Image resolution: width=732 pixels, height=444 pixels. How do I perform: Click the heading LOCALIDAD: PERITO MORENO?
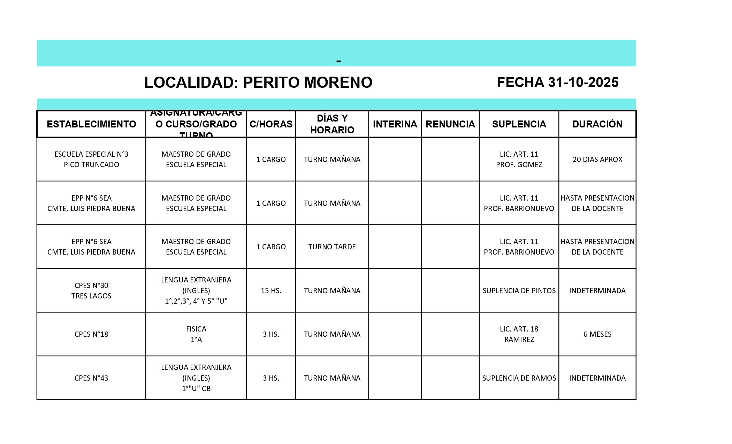[258, 83]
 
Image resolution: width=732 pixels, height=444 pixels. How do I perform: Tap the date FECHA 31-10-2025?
[557, 83]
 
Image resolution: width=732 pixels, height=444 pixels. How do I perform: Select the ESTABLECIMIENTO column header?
[91, 124]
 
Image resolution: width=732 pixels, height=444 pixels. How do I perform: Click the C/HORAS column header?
[271, 124]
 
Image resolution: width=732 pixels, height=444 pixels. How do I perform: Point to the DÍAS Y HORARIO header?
[332, 124]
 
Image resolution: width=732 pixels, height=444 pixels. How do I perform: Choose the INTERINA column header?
[395, 124]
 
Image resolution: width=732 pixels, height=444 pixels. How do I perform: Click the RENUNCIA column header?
[450, 124]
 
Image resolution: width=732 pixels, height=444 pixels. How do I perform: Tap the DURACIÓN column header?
[597, 124]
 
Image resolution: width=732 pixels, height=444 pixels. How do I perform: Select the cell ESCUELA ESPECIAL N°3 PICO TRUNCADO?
[91, 159]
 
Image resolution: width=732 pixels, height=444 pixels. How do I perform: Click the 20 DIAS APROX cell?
[597, 159]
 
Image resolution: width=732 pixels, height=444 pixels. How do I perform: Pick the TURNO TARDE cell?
[332, 247]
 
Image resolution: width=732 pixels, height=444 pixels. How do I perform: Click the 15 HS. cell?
[271, 290]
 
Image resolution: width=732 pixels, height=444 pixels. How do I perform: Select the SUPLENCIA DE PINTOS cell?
[519, 290]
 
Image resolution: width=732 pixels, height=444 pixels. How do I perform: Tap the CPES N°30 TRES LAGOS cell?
[91, 290]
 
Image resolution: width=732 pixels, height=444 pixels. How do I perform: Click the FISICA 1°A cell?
[196, 334]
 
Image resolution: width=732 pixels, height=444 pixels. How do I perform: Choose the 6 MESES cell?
[597, 334]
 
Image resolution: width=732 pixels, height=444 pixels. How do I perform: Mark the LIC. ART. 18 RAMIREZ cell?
[519, 334]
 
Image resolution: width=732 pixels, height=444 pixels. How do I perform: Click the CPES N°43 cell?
[91, 378]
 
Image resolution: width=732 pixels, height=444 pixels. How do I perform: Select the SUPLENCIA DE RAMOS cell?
[519, 378]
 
